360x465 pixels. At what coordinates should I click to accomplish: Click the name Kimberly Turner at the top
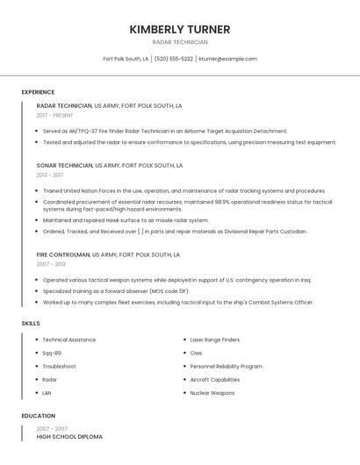tap(180, 29)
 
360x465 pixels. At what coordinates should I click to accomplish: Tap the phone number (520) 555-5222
tap(174, 59)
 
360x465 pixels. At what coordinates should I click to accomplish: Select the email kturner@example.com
tap(227, 59)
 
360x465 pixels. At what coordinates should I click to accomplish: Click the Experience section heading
tap(38, 92)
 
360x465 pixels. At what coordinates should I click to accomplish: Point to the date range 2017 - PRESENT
tap(55, 115)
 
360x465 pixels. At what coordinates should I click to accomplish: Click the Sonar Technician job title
tap(64, 165)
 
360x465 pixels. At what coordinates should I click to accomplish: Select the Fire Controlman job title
tap(63, 254)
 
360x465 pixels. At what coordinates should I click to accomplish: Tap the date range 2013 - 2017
tap(51, 175)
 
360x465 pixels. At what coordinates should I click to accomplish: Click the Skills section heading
tap(31, 324)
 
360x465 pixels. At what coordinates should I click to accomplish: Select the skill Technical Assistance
tap(69, 340)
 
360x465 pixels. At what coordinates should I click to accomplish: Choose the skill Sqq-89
tap(52, 353)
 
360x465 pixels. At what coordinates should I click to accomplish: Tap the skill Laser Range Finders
tap(215, 340)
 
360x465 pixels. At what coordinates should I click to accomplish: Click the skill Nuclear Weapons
tap(212, 393)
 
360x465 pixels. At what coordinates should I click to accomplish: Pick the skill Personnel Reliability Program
tap(227, 366)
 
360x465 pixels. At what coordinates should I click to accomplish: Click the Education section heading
tap(37, 416)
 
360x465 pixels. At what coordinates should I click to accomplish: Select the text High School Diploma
tap(69, 437)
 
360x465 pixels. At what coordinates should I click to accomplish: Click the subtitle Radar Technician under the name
tap(180, 42)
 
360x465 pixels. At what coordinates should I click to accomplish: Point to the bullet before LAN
tap(37, 393)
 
